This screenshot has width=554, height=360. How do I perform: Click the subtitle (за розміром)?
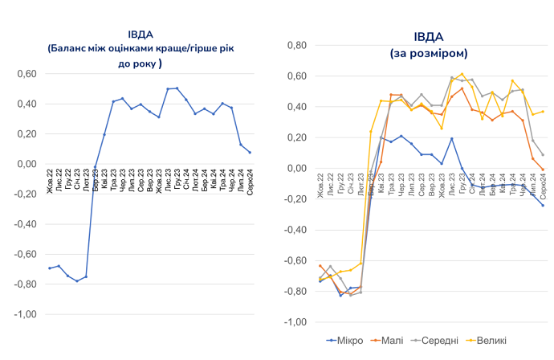(x=428, y=52)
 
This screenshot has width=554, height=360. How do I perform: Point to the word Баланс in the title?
(x=71, y=48)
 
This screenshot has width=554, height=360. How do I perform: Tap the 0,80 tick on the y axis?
(x=299, y=45)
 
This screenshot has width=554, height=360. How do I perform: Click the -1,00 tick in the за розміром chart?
(x=297, y=322)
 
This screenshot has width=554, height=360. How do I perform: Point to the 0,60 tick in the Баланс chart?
(x=27, y=74)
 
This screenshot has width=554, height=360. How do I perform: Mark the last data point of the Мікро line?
(x=543, y=206)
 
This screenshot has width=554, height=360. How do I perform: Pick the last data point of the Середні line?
(x=543, y=155)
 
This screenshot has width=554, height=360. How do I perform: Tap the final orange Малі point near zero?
(x=543, y=170)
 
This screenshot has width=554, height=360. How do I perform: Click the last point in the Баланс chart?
(x=250, y=153)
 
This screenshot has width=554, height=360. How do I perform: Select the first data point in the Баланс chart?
(x=50, y=268)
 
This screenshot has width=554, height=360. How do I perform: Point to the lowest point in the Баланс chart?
(x=77, y=280)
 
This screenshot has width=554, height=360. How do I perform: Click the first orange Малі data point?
(x=320, y=266)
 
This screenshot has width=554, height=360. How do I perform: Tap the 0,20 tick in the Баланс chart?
(x=27, y=134)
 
